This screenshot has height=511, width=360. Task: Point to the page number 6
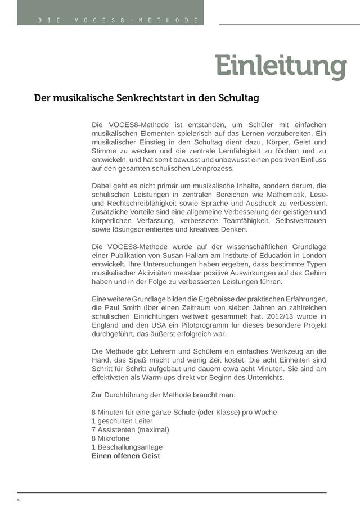pyautogui.click(x=19, y=500)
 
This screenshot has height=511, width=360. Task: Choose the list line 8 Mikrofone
pyautogui.click(x=110, y=438)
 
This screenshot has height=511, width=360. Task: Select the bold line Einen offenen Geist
pyautogui.click(x=126, y=456)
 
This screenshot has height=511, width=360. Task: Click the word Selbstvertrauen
pyautogui.click(x=297, y=220)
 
